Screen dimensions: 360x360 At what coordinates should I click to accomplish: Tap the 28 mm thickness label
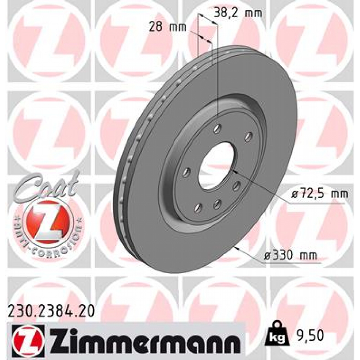(x=167, y=27)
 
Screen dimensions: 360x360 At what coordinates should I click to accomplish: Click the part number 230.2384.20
(x=51, y=311)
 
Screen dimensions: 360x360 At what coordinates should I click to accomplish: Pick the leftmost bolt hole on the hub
(x=186, y=172)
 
